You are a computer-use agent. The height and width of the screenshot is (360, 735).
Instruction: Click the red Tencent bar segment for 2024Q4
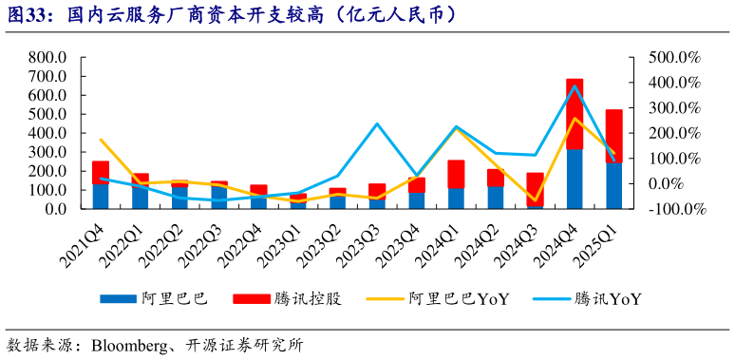[x=575, y=114]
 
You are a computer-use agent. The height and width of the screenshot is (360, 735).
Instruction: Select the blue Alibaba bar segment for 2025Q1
[x=613, y=186]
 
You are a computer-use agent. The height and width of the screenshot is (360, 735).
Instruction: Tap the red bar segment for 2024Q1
[x=456, y=174]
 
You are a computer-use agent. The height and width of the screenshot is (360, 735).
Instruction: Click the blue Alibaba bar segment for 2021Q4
[x=100, y=196]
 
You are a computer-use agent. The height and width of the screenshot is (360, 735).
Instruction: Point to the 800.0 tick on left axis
[x=47, y=58]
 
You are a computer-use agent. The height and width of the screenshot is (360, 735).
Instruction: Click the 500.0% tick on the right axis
[x=673, y=58]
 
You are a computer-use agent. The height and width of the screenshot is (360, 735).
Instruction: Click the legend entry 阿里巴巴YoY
[x=459, y=298]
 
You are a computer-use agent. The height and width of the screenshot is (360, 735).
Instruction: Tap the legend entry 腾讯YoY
[x=608, y=298]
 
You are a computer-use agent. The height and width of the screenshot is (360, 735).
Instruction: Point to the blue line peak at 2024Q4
[x=575, y=86]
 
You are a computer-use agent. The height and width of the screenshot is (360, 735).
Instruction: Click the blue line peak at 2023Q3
[x=377, y=124]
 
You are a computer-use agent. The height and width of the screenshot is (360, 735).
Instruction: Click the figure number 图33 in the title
[x=25, y=14]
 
